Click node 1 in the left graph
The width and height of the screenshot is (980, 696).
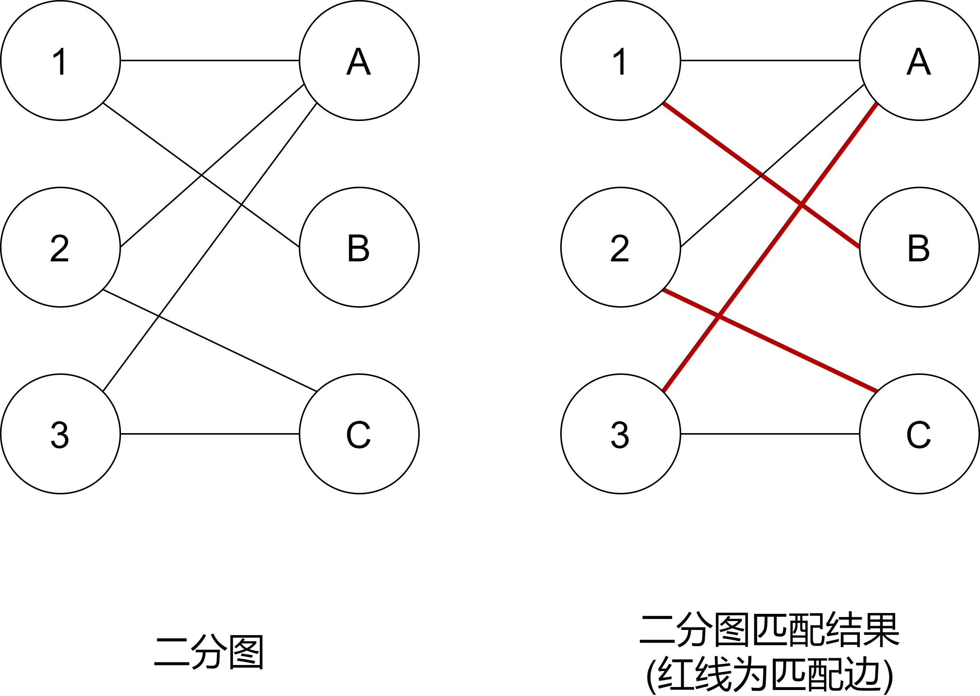pyautogui.click(x=61, y=60)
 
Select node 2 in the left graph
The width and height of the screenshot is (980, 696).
pyautogui.click(x=61, y=247)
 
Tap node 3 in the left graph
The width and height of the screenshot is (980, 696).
pyautogui.click(x=61, y=434)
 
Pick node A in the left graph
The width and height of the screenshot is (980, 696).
pyautogui.click(x=359, y=60)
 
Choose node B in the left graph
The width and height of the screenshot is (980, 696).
pyautogui.click(x=359, y=247)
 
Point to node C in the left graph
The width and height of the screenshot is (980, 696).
pyautogui.click(x=359, y=434)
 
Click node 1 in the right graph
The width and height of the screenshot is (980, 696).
pyautogui.click(x=621, y=60)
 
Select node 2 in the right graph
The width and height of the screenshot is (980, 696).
pyautogui.click(x=621, y=247)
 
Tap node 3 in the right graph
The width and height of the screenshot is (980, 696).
pyautogui.click(x=621, y=434)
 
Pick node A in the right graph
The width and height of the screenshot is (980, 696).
pyautogui.click(x=919, y=60)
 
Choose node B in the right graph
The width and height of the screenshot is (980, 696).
pyautogui.click(x=919, y=247)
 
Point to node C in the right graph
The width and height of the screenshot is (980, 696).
pyautogui.click(x=919, y=434)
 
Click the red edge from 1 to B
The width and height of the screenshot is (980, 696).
pyautogui.click(x=762, y=175)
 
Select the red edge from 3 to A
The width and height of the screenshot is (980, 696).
pyautogui.click(x=770, y=247)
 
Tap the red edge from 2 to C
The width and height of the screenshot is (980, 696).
pyautogui.click(x=770, y=341)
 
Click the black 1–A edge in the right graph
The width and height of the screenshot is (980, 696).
pyautogui.click(x=770, y=60)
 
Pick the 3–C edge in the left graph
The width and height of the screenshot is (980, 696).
pyautogui.click(x=210, y=434)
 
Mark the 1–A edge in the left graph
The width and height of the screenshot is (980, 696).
pyautogui.click(x=210, y=60)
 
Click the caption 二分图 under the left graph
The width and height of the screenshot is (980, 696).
pyautogui.click(x=208, y=652)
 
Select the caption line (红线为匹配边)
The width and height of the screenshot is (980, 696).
pyautogui.click(x=770, y=675)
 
